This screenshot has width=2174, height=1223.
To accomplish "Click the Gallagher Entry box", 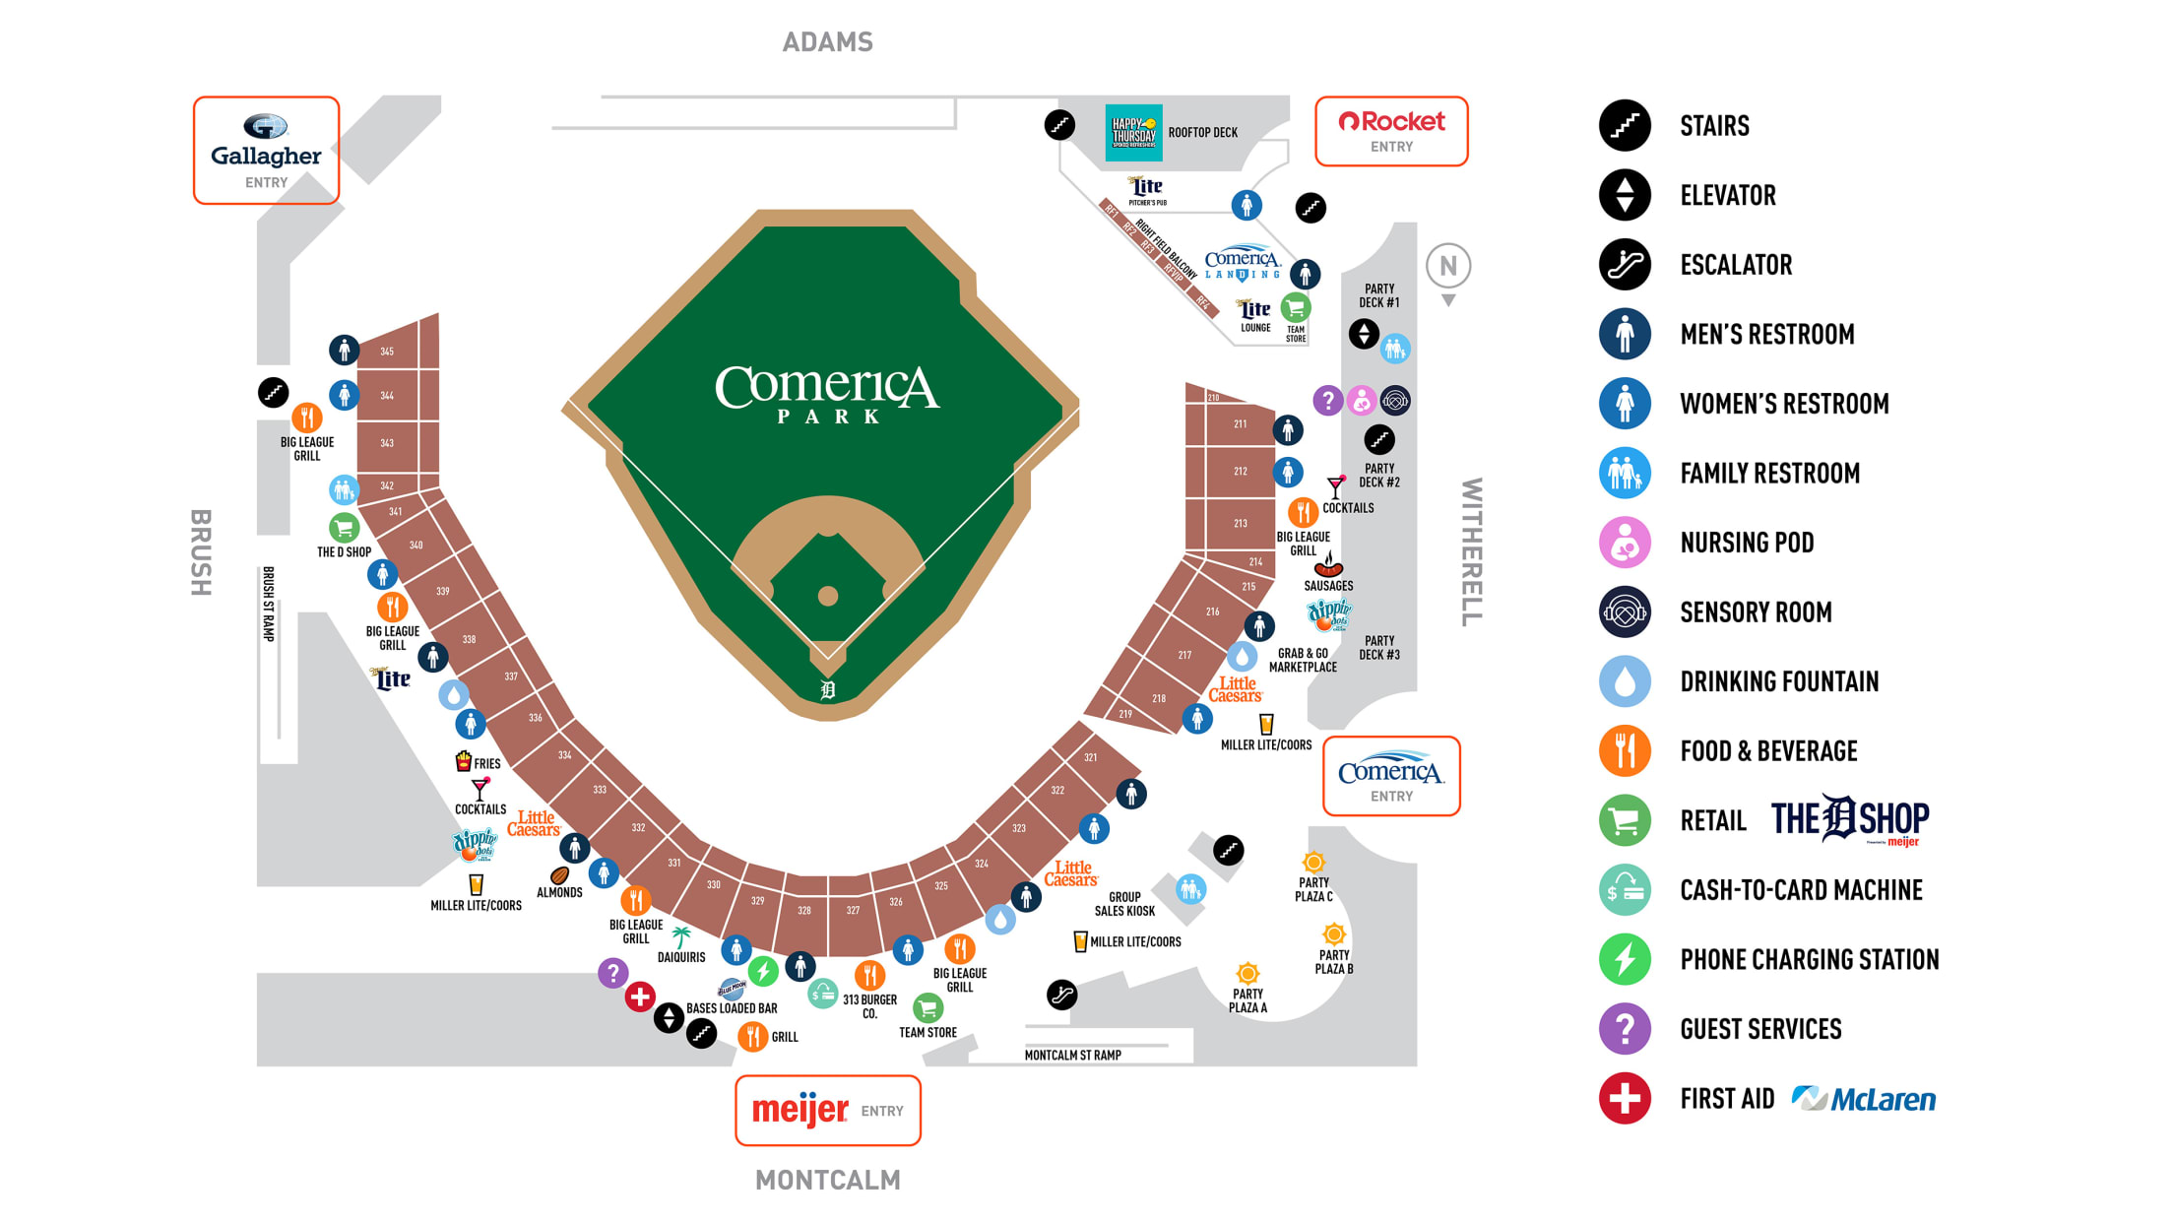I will point(266,151).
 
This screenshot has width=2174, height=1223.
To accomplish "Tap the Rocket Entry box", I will point(1391,131).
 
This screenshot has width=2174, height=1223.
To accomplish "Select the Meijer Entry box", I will point(827,1111).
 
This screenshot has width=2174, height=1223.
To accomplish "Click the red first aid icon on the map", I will point(640,997).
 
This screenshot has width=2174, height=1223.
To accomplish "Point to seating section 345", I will point(387,352).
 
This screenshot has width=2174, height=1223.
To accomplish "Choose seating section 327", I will point(853,911).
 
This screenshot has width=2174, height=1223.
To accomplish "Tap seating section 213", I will point(1241,523).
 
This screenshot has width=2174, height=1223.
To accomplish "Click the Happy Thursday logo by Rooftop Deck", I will point(1133,133).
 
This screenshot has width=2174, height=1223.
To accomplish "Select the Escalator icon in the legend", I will point(1625,265).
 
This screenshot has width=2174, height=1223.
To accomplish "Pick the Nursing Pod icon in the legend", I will point(1625,543).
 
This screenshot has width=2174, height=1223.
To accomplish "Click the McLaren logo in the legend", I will point(1864,1099).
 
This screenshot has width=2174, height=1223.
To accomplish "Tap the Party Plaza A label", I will point(1247,1000).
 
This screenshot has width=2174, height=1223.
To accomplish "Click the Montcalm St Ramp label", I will point(1072,1055).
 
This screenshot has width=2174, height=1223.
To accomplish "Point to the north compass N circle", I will point(1447,266).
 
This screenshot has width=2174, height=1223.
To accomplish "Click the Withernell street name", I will point(1471,551).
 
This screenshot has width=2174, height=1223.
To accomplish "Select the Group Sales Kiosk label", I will point(1124,904).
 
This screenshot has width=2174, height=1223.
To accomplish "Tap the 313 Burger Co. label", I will point(869,1005).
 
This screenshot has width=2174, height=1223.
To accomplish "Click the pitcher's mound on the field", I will point(828,596).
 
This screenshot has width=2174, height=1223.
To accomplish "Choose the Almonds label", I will point(559,892).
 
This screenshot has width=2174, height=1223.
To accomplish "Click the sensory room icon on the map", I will point(1395,401).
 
